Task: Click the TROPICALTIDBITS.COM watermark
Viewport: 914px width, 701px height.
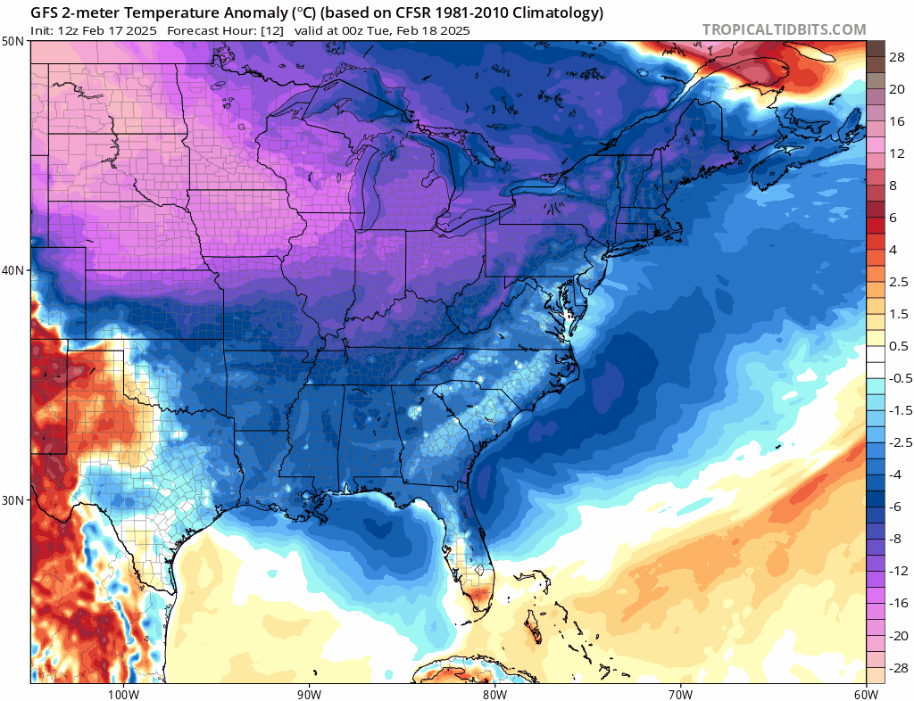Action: point(784,29)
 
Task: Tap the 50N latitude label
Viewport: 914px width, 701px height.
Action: point(14,41)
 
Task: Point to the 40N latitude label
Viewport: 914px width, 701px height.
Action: point(14,271)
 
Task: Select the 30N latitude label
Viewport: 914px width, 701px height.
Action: point(14,500)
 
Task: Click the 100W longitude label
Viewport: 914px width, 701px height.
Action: point(123,694)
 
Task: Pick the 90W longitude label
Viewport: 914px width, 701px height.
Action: point(309,694)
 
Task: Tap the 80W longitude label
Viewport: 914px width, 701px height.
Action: point(494,694)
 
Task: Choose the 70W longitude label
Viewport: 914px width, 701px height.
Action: point(680,694)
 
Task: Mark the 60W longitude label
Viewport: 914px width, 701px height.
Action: point(866,694)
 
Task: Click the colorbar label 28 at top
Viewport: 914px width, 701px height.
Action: point(897,57)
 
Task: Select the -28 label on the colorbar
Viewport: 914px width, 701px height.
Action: point(899,668)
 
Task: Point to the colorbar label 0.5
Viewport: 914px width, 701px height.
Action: point(899,346)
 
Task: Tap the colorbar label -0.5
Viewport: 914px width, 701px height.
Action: point(901,378)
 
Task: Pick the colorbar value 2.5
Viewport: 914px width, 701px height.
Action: point(899,282)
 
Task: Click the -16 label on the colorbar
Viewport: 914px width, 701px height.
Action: point(899,603)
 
